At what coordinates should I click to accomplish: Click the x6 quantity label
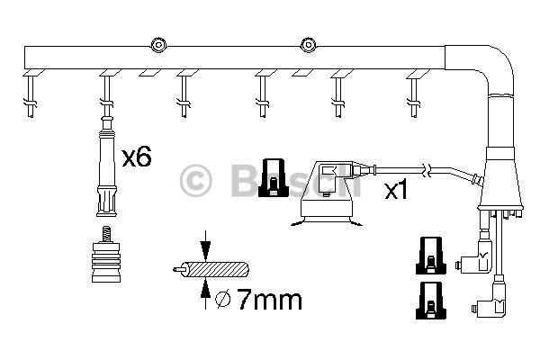tap(136, 157)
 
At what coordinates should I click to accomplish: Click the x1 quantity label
tap(398, 191)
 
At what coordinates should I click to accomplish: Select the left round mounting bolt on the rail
tap(159, 42)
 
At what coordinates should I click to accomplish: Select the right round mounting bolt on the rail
tap(309, 42)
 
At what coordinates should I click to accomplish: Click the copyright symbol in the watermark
tap(196, 180)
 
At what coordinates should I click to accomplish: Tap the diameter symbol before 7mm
tap(224, 297)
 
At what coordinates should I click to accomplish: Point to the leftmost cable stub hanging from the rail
tap(31, 95)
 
